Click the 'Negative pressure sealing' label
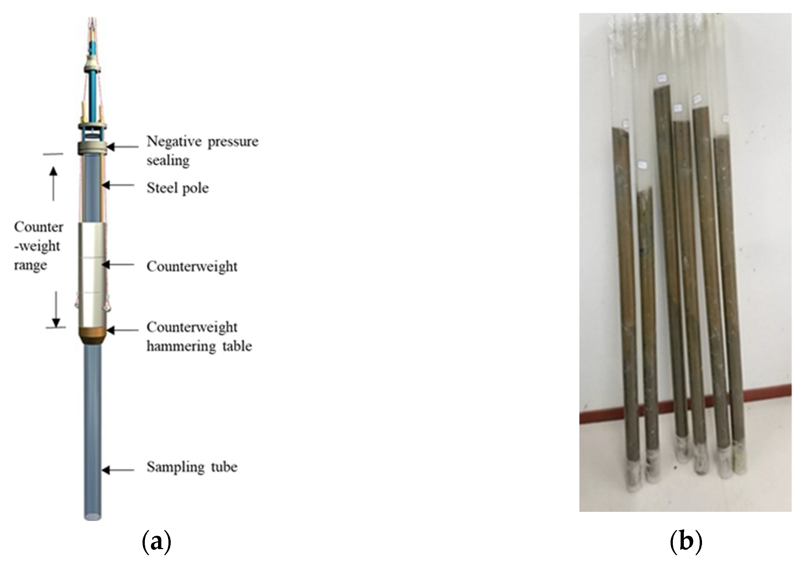click(x=202, y=151)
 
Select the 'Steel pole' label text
click(x=178, y=188)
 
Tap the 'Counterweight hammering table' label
click(x=199, y=337)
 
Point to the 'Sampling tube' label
click(x=192, y=467)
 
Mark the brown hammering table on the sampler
click(x=92, y=335)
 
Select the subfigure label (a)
click(x=157, y=542)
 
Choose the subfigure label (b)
click(x=686, y=542)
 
